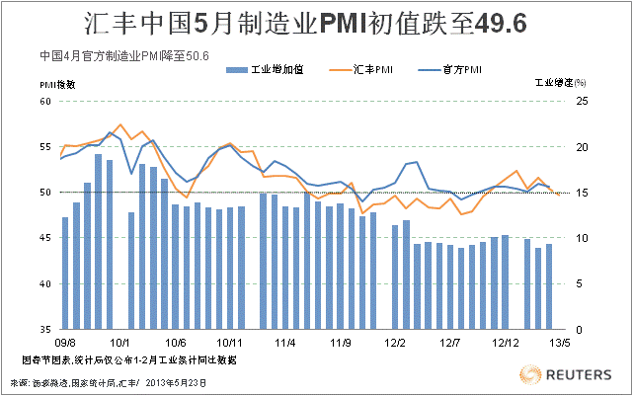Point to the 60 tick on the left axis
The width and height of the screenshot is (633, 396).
pyautogui.click(x=45, y=101)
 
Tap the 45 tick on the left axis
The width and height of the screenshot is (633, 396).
pyautogui.click(x=45, y=238)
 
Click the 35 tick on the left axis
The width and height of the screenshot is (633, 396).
pyautogui.click(x=45, y=329)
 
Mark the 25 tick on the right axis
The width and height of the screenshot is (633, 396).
pyautogui.click(x=582, y=101)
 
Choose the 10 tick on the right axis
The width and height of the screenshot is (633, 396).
pyautogui.click(x=582, y=238)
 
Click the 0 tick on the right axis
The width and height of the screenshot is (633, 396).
pyautogui.click(x=579, y=329)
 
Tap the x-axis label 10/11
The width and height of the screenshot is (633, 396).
pyautogui.click(x=230, y=343)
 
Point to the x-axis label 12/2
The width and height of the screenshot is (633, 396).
pyautogui.click(x=396, y=343)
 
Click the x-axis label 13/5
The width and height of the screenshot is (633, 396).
pyautogui.click(x=560, y=343)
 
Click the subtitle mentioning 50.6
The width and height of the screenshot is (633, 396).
pyautogui.click(x=122, y=55)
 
